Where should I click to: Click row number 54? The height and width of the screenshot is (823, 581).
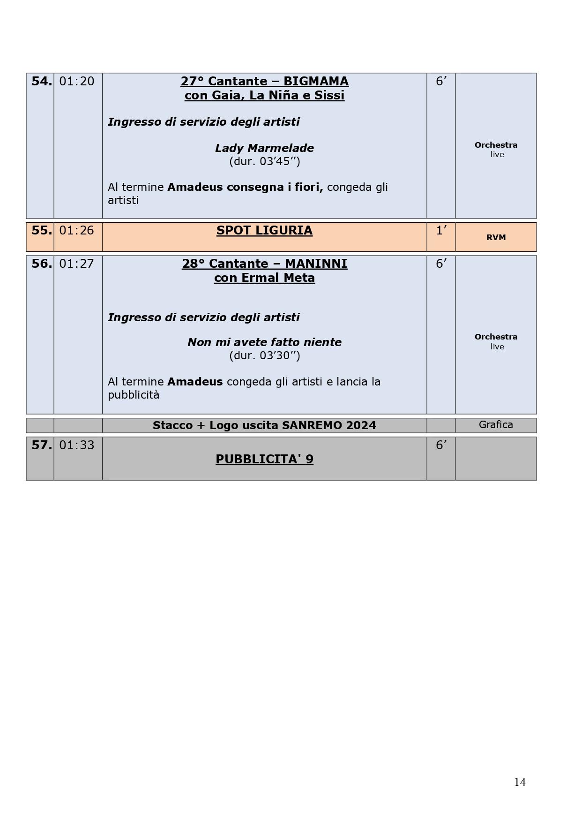click(x=41, y=81)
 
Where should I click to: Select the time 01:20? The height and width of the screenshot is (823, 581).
click(x=77, y=81)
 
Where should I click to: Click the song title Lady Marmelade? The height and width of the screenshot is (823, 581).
click(x=264, y=148)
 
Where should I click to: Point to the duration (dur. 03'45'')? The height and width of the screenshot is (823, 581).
click(x=264, y=161)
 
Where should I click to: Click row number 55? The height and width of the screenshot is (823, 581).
click(x=41, y=230)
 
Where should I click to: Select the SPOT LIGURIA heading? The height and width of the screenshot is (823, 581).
click(x=264, y=230)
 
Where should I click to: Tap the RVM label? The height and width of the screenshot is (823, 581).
click(x=496, y=237)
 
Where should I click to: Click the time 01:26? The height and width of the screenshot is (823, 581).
click(x=77, y=230)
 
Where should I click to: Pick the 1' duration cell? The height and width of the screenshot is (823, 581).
click(x=441, y=230)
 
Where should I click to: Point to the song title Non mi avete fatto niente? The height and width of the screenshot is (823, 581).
click(x=264, y=342)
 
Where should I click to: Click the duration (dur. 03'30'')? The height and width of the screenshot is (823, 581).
click(x=264, y=355)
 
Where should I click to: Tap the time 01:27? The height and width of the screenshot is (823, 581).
click(x=77, y=264)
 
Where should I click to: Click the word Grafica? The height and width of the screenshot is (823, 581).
click(x=496, y=425)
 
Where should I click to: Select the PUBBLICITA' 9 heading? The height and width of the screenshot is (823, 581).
click(x=264, y=459)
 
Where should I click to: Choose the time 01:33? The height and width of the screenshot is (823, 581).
click(x=77, y=445)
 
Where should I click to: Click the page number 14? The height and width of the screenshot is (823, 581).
click(x=520, y=782)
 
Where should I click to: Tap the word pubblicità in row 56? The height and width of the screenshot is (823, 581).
click(x=134, y=395)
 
